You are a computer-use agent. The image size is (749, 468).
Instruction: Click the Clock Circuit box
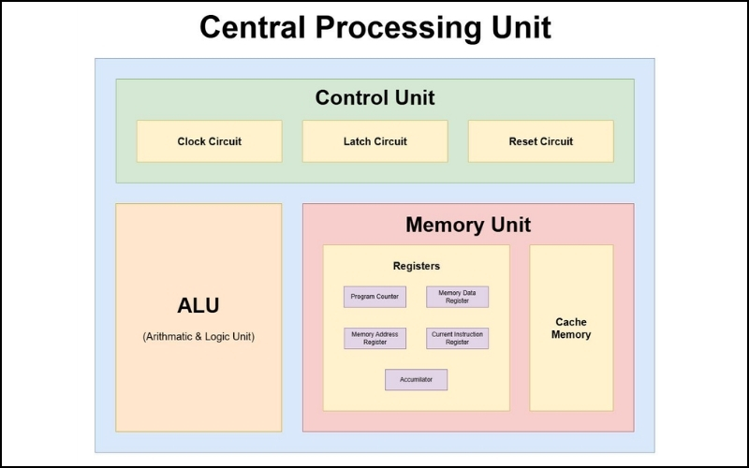tap(209, 141)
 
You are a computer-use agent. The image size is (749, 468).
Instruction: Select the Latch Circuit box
tap(374, 141)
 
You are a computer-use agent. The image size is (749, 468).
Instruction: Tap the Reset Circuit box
tap(540, 141)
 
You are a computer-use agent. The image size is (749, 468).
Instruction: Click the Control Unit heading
tap(374, 97)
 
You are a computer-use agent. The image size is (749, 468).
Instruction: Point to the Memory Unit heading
tap(467, 225)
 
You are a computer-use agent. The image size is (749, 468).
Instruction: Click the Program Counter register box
tap(374, 297)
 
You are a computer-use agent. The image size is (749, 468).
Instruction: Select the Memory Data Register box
tap(457, 297)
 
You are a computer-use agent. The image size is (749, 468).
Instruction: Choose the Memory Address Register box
tap(374, 338)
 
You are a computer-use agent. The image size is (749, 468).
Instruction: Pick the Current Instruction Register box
tap(457, 338)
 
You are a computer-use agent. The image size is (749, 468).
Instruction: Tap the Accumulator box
tap(416, 380)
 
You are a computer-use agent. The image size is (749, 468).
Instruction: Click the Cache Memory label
tap(571, 328)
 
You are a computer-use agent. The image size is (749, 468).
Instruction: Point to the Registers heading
tap(416, 266)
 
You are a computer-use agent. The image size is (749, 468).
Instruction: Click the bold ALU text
tap(198, 305)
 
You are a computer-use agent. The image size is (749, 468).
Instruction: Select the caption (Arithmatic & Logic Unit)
tap(198, 336)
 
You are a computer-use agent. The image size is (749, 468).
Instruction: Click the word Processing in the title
tap(389, 27)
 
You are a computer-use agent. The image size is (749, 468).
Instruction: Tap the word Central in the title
tap(256, 27)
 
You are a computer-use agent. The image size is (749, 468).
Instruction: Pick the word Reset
tap(523, 141)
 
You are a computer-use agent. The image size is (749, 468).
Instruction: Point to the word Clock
tap(192, 141)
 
